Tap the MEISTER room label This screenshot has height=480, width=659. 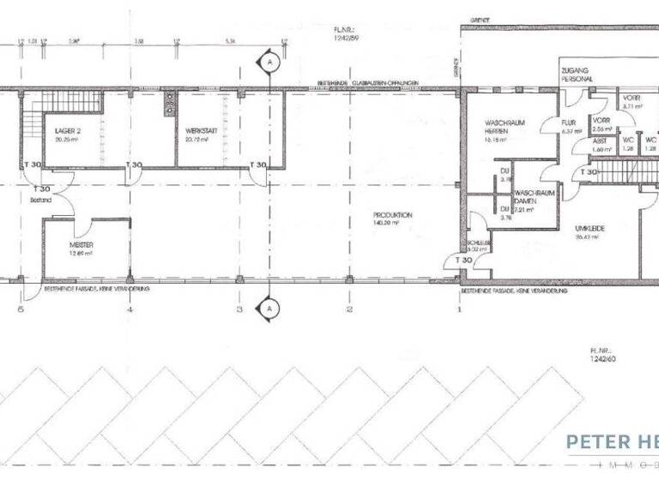click(x=82, y=245)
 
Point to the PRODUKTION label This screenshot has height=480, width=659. click(x=393, y=215)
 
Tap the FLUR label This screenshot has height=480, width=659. click(x=568, y=123)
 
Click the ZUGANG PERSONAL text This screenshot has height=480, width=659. click(x=576, y=73)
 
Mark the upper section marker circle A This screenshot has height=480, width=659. click(x=269, y=63)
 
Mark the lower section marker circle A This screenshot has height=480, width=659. click(x=269, y=307)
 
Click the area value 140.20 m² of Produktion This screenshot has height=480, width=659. click(x=393, y=223)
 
